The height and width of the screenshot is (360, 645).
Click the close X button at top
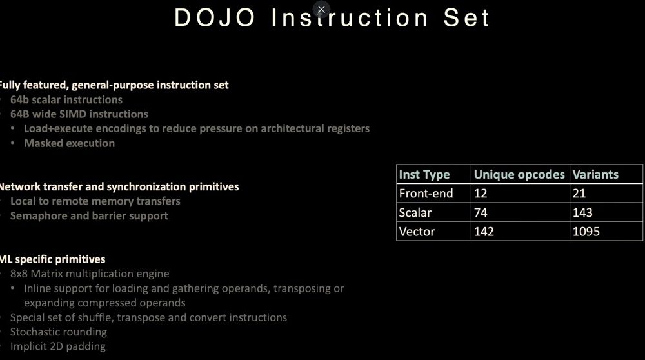(x=321, y=9)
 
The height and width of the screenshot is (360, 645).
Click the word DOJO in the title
(x=215, y=18)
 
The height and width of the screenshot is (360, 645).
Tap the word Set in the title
(x=466, y=18)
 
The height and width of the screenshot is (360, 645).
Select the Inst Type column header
(x=424, y=174)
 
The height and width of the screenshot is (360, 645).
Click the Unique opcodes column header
(x=519, y=174)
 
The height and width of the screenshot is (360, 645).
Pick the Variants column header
(x=595, y=174)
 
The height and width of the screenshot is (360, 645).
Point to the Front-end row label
(x=426, y=194)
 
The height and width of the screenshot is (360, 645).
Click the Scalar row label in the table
(x=415, y=213)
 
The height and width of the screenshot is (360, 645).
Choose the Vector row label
(x=417, y=232)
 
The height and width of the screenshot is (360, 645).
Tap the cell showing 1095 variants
(x=586, y=232)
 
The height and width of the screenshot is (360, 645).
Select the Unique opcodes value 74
(x=481, y=213)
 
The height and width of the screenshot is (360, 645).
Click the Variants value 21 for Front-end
(x=579, y=194)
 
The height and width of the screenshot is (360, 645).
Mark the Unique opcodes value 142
(x=484, y=232)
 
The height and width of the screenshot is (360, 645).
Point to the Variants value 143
(x=582, y=213)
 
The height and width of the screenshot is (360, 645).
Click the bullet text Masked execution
(x=70, y=143)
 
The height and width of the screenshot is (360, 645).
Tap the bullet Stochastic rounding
(x=59, y=332)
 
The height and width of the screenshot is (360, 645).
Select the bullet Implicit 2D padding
(x=58, y=346)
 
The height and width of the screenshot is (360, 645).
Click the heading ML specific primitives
(x=52, y=259)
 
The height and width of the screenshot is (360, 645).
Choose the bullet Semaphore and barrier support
(x=89, y=216)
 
